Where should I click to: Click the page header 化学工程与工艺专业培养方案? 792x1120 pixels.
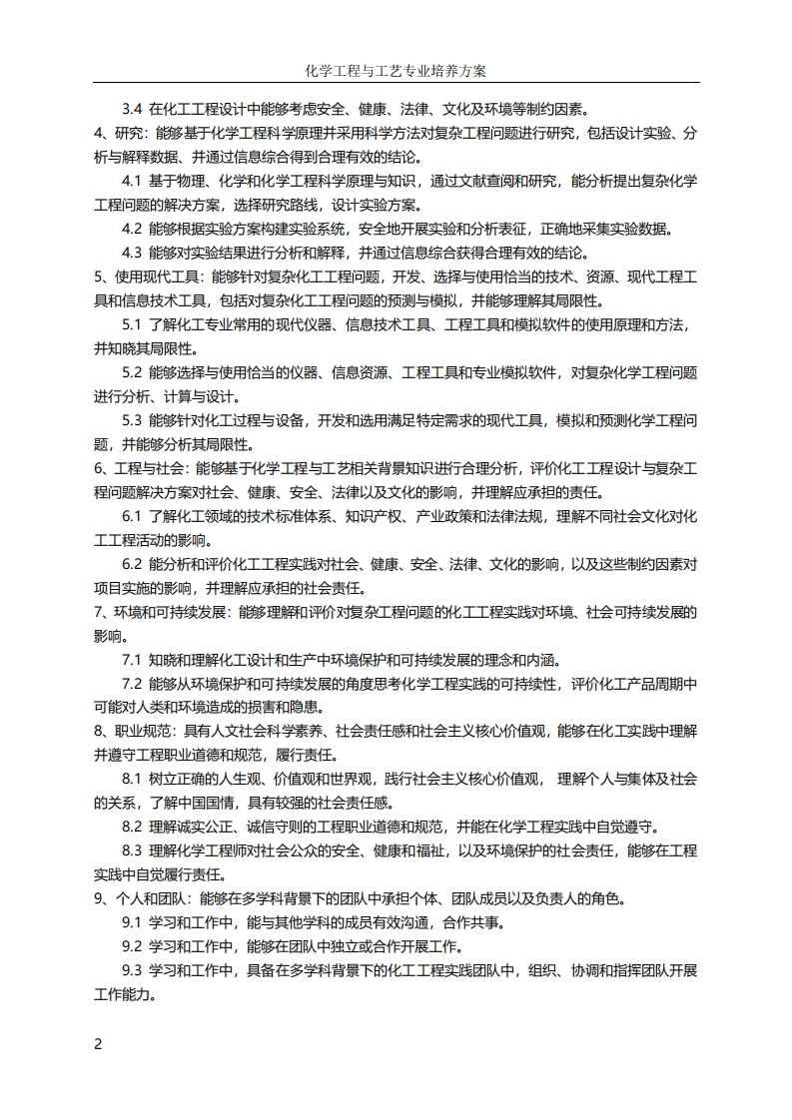click(x=396, y=72)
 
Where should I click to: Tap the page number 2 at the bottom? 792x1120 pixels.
click(x=98, y=1044)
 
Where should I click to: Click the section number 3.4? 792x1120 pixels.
click(x=133, y=109)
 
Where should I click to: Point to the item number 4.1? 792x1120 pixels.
click(x=133, y=181)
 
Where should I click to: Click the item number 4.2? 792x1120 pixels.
click(x=133, y=229)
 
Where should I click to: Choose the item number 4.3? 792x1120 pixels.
click(x=133, y=253)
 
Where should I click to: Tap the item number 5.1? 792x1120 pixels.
click(x=133, y=324)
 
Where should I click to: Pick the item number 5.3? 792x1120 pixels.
click(x=133, y=420)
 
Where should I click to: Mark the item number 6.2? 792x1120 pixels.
click(x=133, y=564)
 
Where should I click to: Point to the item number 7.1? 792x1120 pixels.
click(x=133, y=660)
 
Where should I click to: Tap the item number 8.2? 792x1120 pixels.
click(x=133, y=827)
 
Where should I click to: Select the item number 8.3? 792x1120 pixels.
click(x=133, y=850)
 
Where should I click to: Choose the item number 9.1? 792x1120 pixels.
click(x=133, y=922)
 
